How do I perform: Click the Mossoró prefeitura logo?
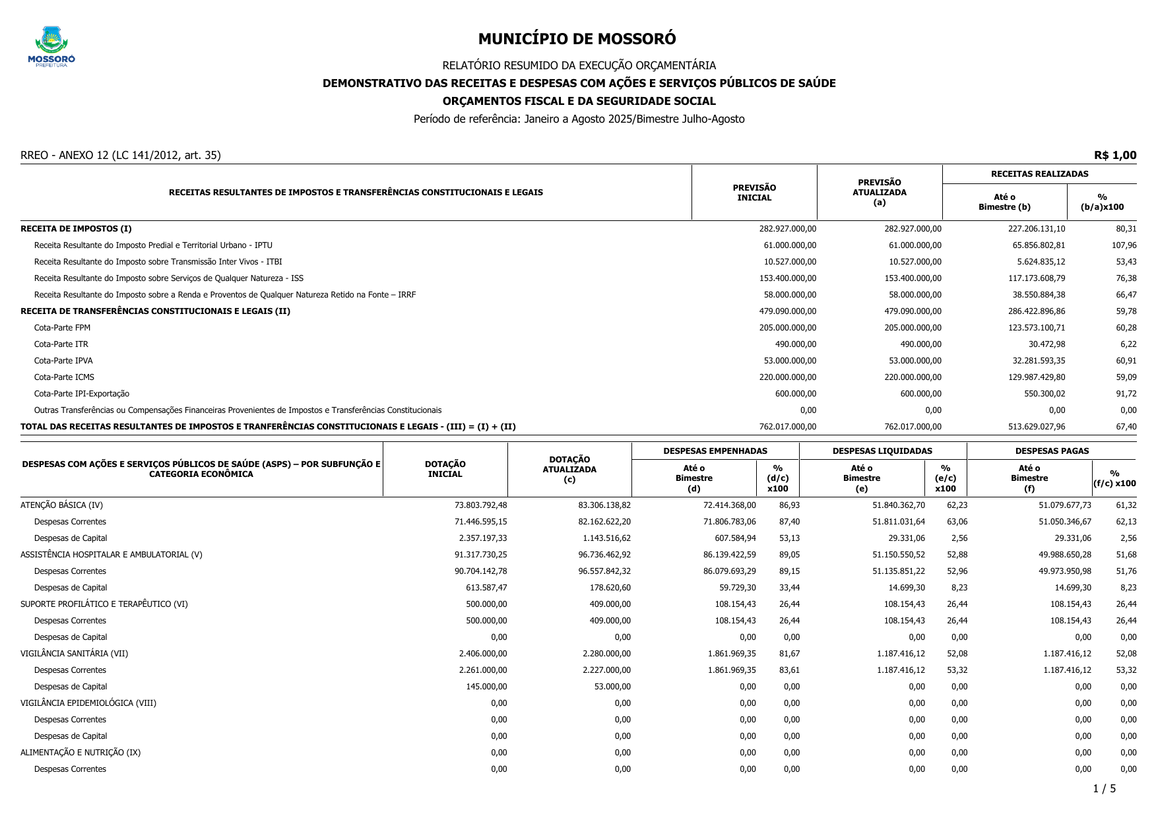[x=51, y=46]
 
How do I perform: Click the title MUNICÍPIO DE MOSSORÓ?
[x=577, y=39]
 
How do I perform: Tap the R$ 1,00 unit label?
[x=1114, y=156]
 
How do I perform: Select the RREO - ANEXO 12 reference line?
[x=121, y=156]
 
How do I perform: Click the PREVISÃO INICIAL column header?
[x=754, y=193]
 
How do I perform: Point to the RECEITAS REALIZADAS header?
[x=1039, y=174]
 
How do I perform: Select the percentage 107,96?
[x=1124, y=245]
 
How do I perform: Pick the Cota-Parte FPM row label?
[x=62, y=328]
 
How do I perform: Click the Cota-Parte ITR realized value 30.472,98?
[x=1046, y=344]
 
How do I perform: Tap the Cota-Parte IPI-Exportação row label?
[x=82, y=394]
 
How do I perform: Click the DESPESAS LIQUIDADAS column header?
[x=882, y=451]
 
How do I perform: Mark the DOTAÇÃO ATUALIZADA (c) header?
[x=569, y=469]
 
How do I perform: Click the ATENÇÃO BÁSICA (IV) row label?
[x=61, y=505]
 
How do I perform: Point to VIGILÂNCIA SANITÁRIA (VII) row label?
[x=74, y=654]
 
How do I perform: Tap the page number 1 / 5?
[x=1104, y=789]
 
